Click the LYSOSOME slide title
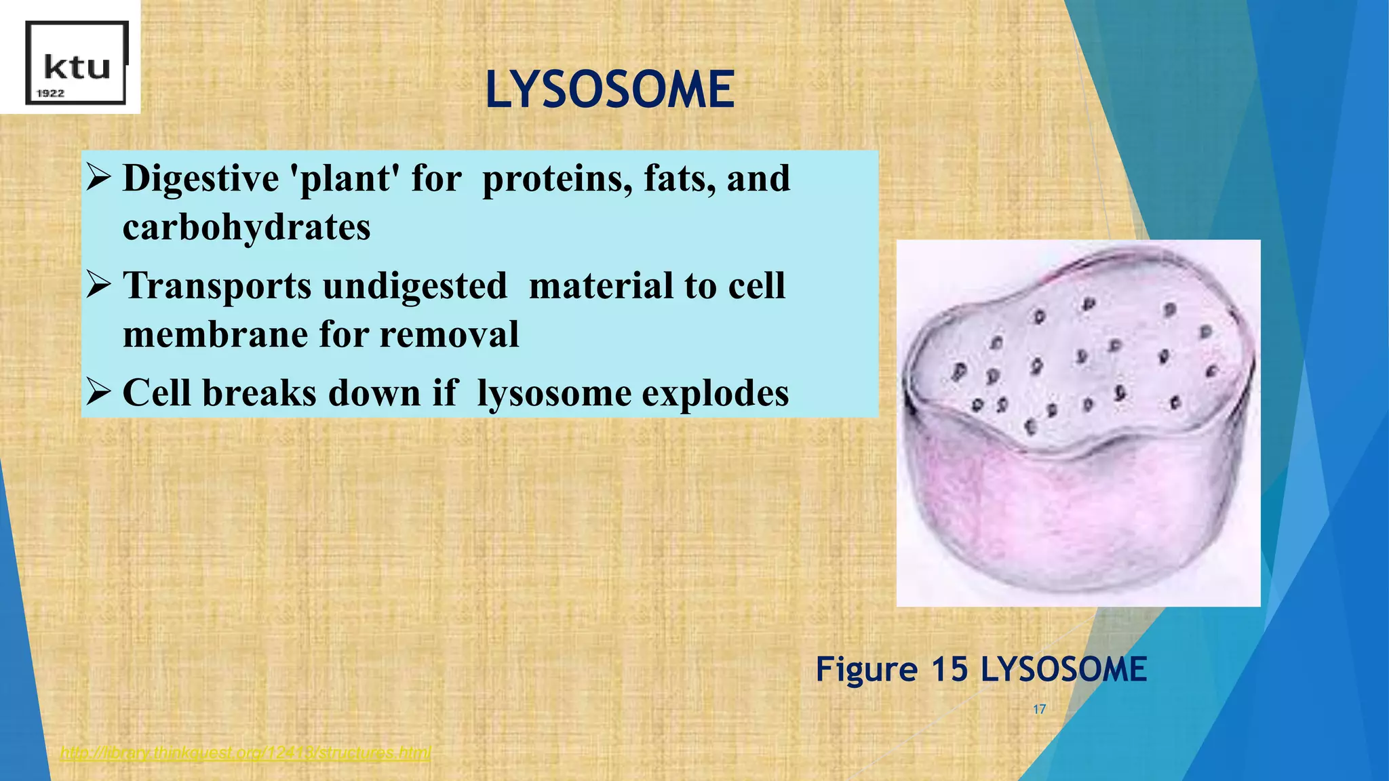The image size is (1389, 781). click(x=610, y=90)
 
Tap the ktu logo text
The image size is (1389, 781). click(x=77, y=68)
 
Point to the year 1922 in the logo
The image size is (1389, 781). click(x=50, y=94)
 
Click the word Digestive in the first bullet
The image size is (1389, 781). click(x=200, y=179)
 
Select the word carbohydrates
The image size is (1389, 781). click(x=246, y=227)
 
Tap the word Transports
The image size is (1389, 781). click(x=217, y=285)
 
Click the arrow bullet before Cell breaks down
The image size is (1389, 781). click(x=99, y=392)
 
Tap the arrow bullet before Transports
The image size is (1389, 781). click(x=99, y=285)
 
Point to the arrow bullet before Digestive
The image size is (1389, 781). click(x=99, y=178)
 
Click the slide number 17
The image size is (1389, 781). click(x=1039, y=709)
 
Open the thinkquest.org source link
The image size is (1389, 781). click(x=245, y=753)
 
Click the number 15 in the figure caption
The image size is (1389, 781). click(x=949, y=669)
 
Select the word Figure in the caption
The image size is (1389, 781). click(x=866, y=669)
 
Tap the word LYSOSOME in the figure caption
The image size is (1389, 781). click(x=1063, y=669)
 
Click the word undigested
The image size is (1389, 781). click(x=415, y=285)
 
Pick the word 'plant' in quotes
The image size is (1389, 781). click(x=344, y=179)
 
